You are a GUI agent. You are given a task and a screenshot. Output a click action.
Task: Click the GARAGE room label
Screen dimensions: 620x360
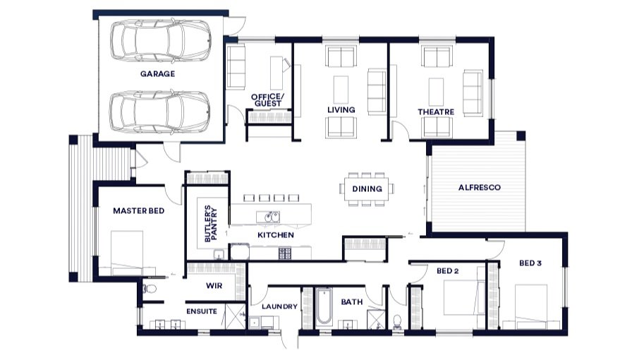coord(157,73)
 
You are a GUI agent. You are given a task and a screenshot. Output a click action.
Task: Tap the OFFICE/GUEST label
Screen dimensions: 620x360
coord(268,100)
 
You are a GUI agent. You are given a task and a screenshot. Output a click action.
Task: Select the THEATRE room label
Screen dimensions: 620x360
coord(436,112)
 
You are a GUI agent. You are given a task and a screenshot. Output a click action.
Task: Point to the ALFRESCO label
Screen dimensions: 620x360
coord(479,188)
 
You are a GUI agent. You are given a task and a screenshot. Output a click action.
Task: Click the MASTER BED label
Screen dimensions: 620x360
coord(138,211)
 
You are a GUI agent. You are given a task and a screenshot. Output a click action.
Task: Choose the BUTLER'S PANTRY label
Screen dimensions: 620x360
coord(211,224)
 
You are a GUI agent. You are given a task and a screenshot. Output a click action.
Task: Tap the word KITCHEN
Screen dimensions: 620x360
coord(276,235)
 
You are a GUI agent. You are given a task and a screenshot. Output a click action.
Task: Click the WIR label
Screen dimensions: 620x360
coord(214,286)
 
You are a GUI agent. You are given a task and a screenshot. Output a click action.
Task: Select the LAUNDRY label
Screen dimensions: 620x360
coord(279,306)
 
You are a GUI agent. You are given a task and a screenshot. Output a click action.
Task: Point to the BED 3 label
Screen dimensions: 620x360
coord(530,263)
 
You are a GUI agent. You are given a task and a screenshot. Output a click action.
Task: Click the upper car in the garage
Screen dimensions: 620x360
coord(160,41)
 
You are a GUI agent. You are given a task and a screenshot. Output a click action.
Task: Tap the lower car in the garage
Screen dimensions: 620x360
coord(159,112)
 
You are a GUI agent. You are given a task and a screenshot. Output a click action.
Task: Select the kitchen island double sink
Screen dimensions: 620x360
coord(268,217)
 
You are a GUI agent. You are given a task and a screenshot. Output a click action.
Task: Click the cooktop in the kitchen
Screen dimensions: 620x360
coord(285,253)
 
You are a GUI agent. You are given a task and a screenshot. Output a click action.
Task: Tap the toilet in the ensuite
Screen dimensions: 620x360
coord(149,289)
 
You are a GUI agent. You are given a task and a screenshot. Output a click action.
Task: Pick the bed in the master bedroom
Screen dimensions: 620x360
coord(126,253)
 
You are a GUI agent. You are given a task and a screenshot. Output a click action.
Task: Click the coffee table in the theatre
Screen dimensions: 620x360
coord(436,92)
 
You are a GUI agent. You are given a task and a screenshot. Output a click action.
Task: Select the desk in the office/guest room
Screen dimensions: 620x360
coord(276,73)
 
